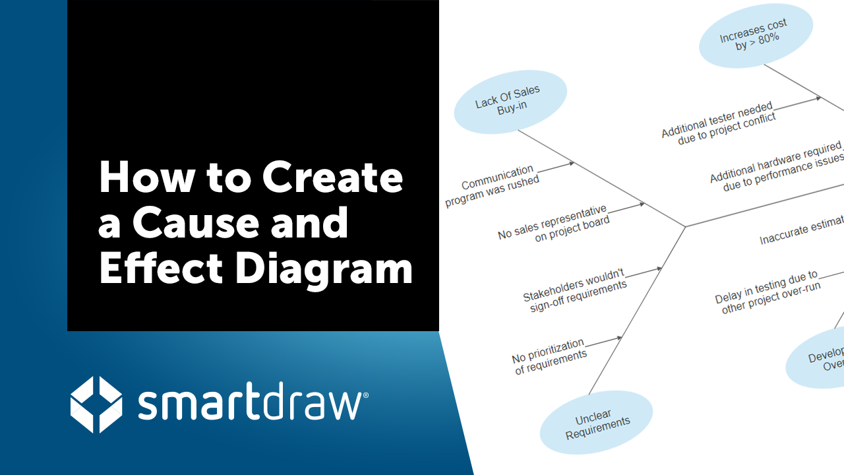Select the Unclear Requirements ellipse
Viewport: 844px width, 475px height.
point(597,422)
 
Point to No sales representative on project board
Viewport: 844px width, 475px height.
point(553,224)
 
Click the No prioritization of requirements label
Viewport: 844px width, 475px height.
point(549,357)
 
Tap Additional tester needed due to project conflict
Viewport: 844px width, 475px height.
point(718,122)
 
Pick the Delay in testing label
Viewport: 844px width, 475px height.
point(768,292)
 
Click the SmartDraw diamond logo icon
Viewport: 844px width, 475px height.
point(96,404)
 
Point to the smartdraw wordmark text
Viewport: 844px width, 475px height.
point(251,404)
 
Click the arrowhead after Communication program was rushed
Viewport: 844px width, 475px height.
point(570,163)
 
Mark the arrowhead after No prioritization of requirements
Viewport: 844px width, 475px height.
point(618,338)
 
